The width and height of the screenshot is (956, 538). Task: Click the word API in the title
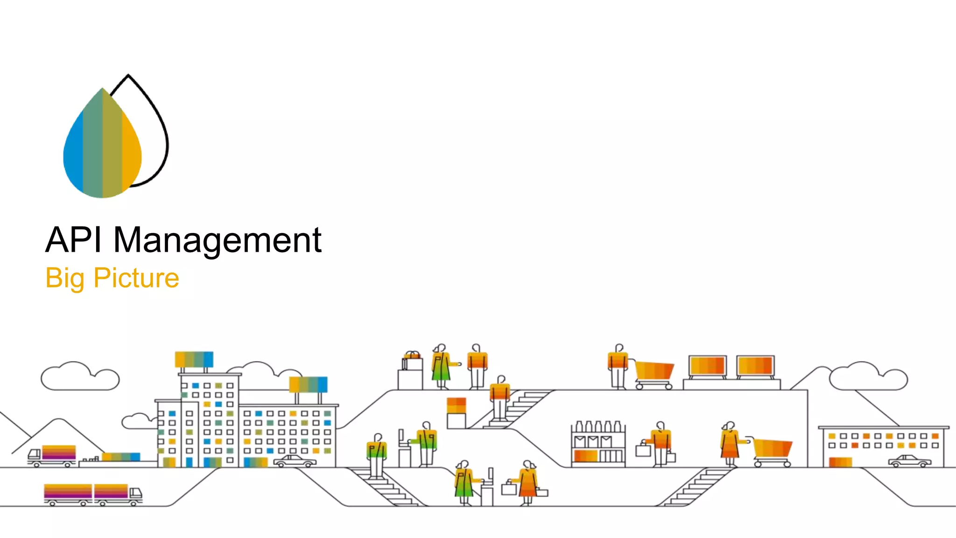pyautogui.click(x=73, y=240)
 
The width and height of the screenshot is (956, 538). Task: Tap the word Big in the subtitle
pyautogui.click(x=65, y=278)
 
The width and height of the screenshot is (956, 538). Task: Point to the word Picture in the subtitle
pyautogui.click(x=136, y=278)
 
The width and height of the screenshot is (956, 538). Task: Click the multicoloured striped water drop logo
pyautogui.click(x=102, y=143)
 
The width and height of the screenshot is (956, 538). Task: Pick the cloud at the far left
pyautogui.click(x=79, y=377)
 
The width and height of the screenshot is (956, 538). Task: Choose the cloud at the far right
pyautogui.click(x=868, y=377)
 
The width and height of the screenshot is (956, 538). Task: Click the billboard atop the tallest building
pyautogui.click(x=194, y=359)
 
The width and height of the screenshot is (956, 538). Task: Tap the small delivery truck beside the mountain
pyautogui.click(x=52, y=455)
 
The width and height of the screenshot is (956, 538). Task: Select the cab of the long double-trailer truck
pyautogui.click(x=135, y=494)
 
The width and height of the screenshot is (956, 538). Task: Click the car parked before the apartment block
pyautogui.click(x=295, y=461)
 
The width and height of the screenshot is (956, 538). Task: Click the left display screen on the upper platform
pyautogui.click(x=708, y=366)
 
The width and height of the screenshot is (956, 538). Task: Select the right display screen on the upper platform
pyautogui.click(x=755, y=366)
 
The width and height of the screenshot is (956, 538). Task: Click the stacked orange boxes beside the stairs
pyautogui.click(x=456, y=405)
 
